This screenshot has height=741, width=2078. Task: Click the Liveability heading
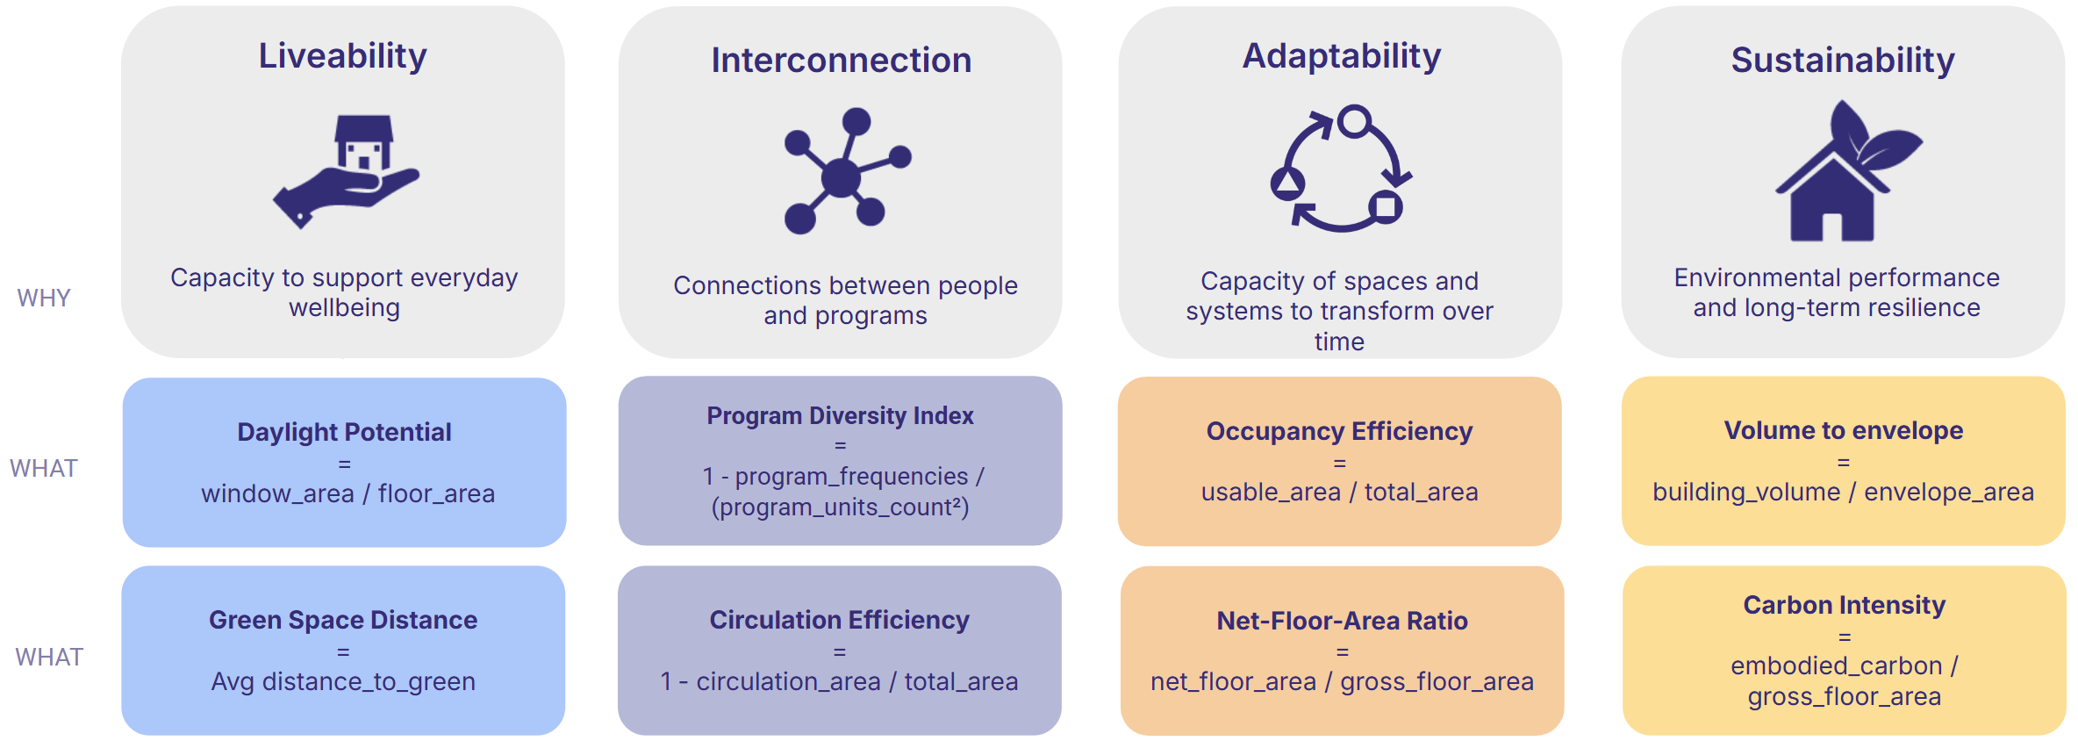pos(342,56)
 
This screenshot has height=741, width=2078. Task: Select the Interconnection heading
pos(842,61)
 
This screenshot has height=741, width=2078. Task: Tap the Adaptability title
pos(1342,56)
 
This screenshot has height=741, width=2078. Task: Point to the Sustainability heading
pos(1843,61)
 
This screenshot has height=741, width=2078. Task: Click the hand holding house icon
pos(346,172)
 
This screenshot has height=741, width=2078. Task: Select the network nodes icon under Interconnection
pos(847,171)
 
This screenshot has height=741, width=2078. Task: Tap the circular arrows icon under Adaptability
pos(1341,169)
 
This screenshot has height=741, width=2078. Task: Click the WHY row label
pos(44,299)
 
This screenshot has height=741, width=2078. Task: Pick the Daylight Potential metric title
pos(344,432)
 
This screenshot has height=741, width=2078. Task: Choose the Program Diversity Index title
pos(840,415)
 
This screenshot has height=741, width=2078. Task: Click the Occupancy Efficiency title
pos(1339,431)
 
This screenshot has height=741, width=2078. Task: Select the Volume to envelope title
pos(1843,430)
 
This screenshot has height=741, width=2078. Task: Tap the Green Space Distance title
pos(343,620)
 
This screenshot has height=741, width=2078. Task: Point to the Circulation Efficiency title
pos(839,620)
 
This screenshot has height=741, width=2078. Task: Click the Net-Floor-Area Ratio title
pos(1342,621)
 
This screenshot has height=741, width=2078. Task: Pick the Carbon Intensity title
pos(1844,605)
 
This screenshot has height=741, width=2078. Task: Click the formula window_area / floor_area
pos(348,493)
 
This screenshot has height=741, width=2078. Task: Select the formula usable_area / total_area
pos(1339,492)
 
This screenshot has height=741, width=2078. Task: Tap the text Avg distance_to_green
pos(343,681)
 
